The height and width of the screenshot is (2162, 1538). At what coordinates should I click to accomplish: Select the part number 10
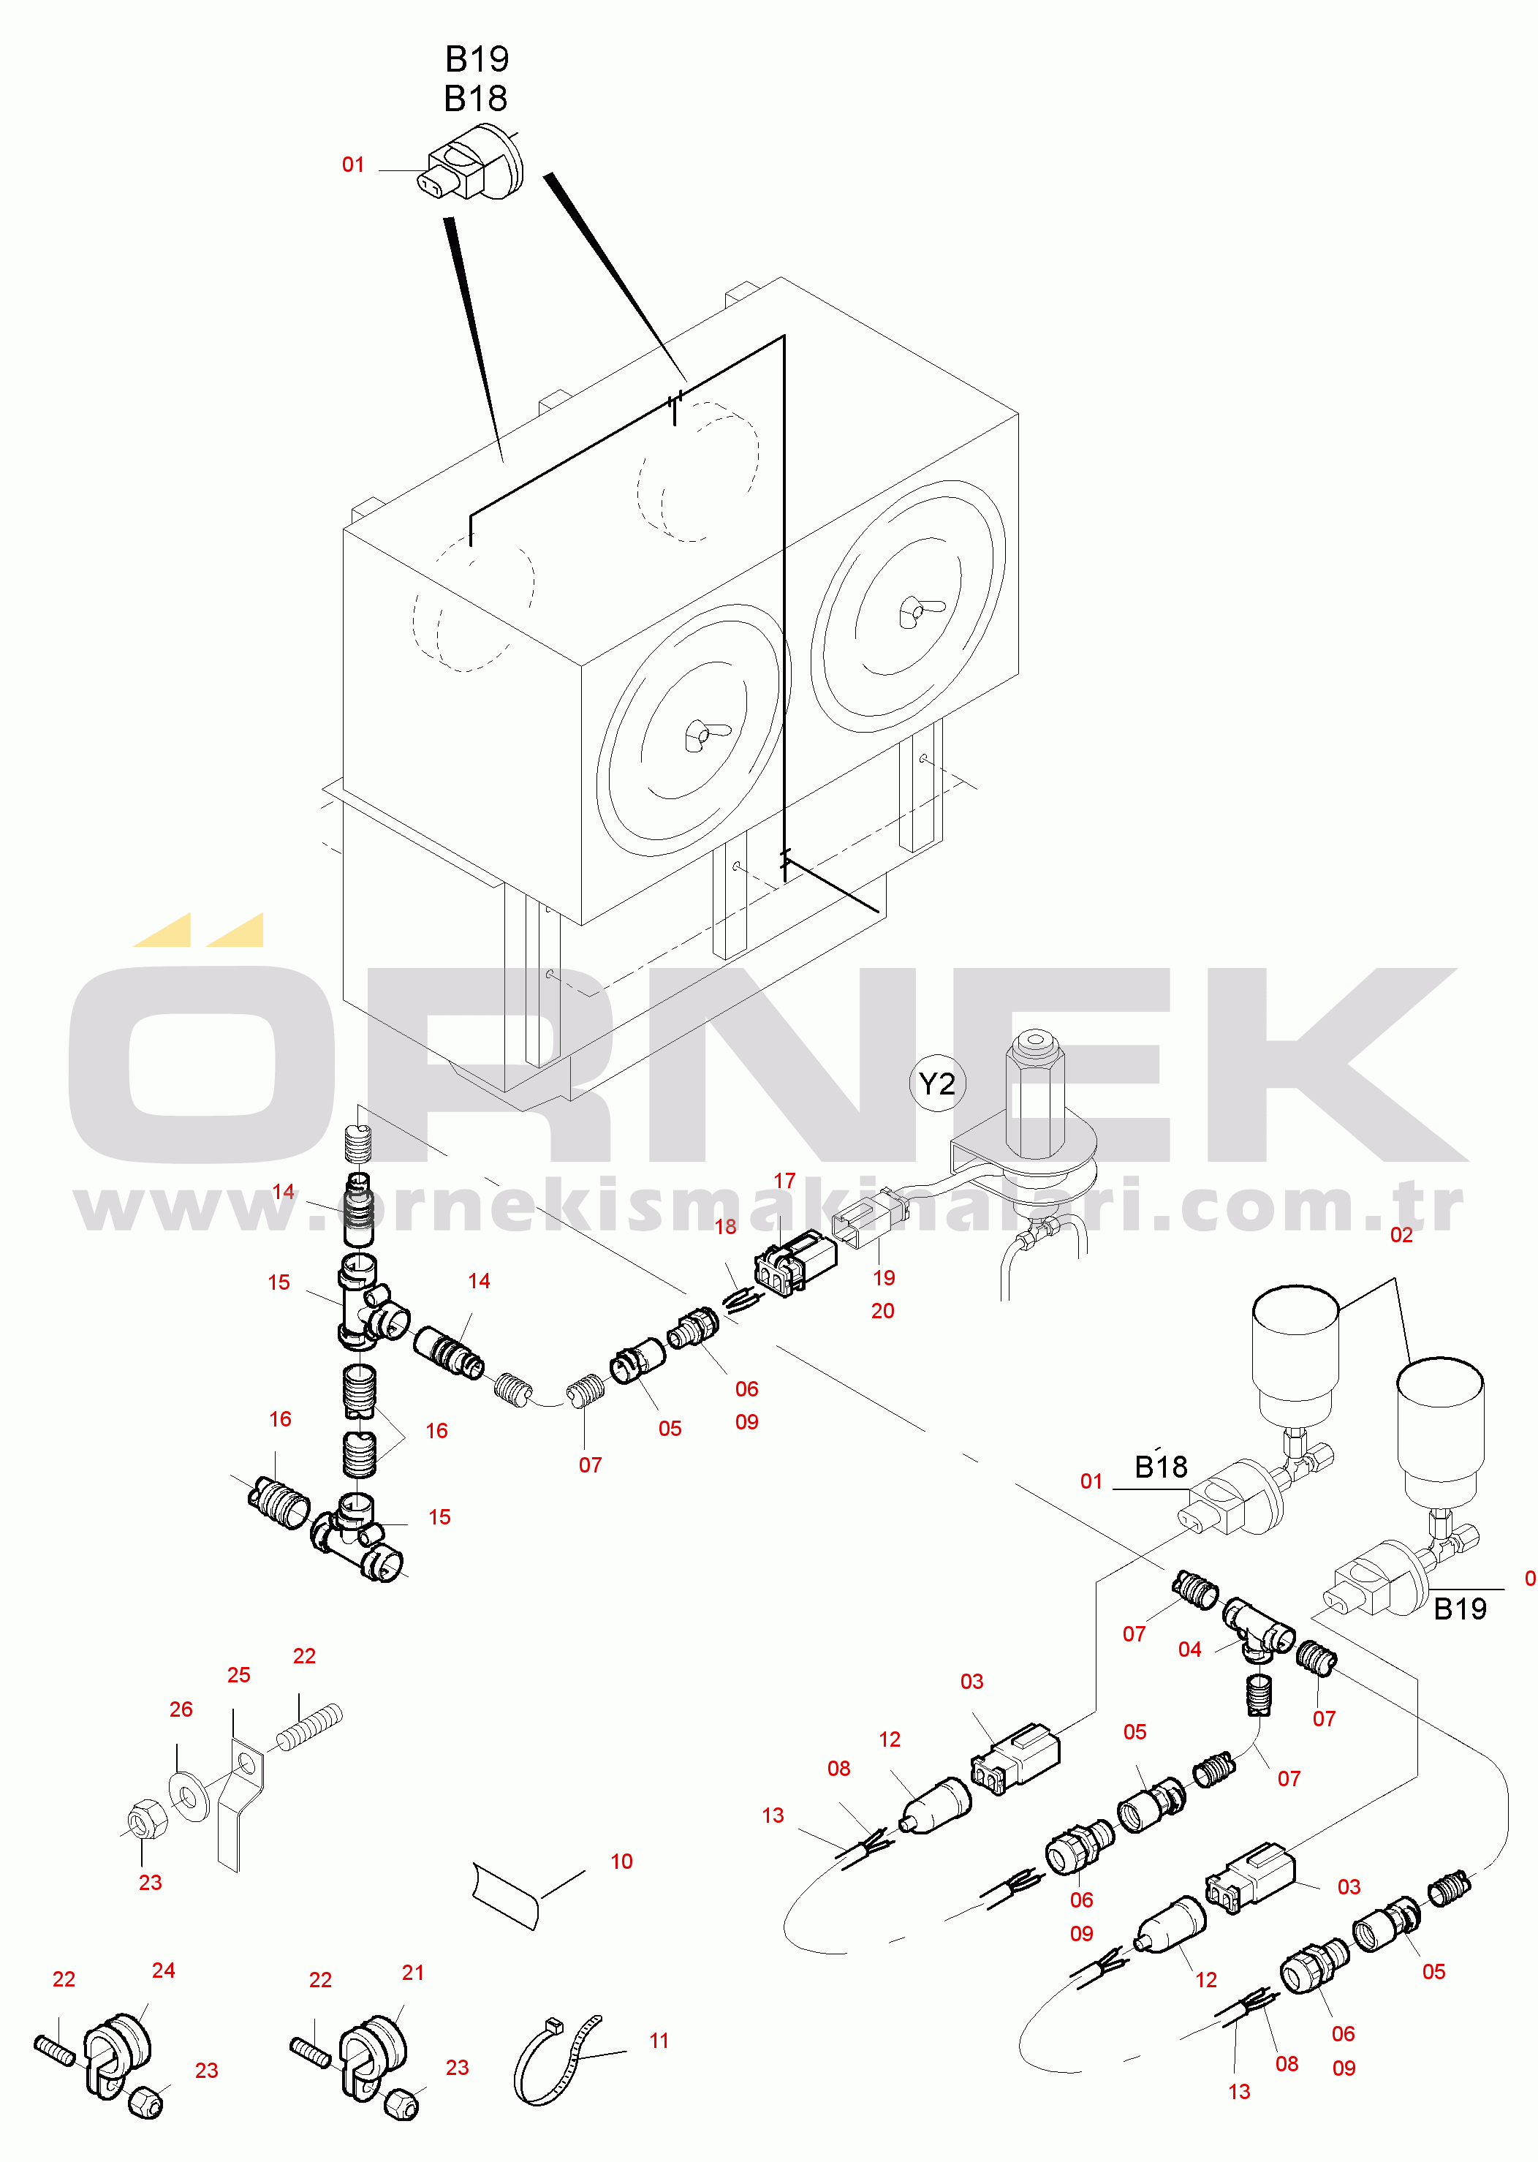[621, 1861]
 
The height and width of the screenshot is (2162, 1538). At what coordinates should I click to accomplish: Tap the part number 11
[659, 2040]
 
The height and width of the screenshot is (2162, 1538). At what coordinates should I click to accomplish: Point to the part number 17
[784, 1181]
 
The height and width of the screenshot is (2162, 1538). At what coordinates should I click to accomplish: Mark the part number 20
[882, 1311]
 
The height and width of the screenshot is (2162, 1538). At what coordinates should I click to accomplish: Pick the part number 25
[238, 1675]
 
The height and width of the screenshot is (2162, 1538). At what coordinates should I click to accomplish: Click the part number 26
[181, 1709]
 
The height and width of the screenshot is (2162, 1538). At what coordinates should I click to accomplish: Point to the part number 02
[1401, 1235]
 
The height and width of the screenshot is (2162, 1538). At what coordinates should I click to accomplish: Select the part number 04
[1189, 1649]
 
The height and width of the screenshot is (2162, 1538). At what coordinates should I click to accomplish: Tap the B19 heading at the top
[477, 58]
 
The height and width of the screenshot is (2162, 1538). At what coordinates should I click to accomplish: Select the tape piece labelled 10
[507, 1894]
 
